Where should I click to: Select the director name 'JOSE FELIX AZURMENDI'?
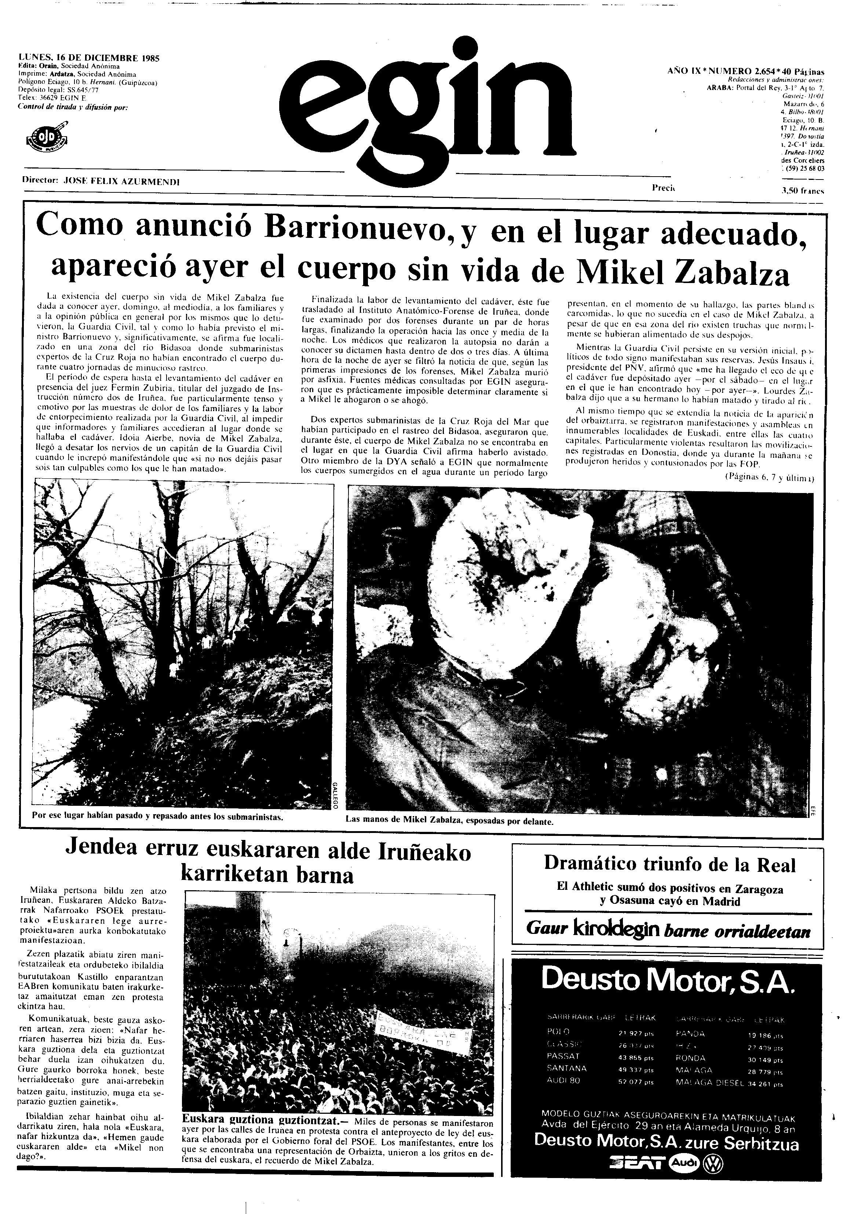[x=121, y=181]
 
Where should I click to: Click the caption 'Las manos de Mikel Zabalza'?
[x=450, y=822]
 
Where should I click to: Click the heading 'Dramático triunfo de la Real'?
[x=669, y=864]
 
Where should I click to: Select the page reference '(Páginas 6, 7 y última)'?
[x=769, y=477]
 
